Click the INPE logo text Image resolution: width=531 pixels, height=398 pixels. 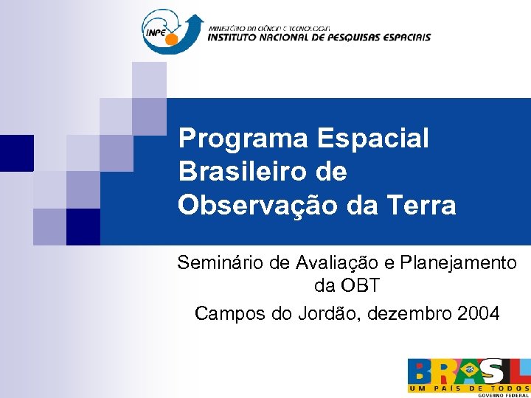[156, 33]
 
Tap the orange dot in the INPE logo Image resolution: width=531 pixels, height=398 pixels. [171, 38]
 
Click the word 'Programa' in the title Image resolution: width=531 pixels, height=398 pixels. [243, 138]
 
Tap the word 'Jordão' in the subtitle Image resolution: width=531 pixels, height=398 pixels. [324, 313]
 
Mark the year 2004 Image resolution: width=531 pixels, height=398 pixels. [478, 313]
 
